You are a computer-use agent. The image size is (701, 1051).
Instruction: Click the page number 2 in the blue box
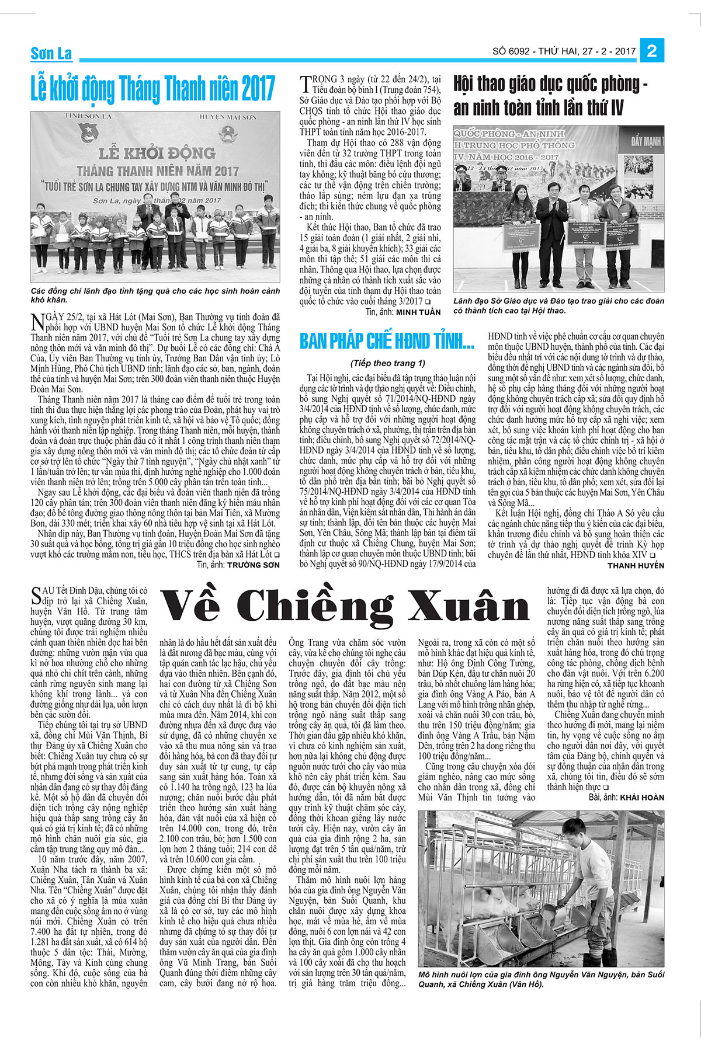point(652,51)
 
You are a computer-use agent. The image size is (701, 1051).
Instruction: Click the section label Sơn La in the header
point(51,54)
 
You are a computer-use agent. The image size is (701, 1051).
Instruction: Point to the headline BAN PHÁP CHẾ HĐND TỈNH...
point(387,341)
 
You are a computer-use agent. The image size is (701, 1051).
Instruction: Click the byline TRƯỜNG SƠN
point(253,565)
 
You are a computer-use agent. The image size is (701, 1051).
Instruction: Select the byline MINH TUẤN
point(418,312)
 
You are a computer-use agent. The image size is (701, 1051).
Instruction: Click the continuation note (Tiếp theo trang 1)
point(388,363)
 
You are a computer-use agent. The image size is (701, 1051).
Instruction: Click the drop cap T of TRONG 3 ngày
point(303,81)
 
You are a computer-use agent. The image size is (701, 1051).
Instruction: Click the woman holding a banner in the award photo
point(519,239)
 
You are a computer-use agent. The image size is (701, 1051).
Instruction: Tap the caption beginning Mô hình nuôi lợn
point(541,979)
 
